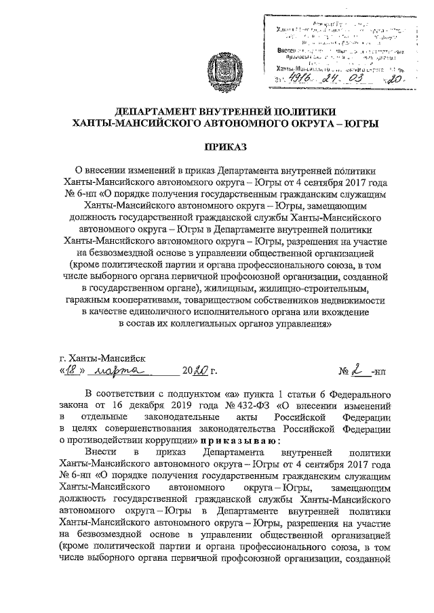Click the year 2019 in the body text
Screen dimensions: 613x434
coord(169,406)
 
